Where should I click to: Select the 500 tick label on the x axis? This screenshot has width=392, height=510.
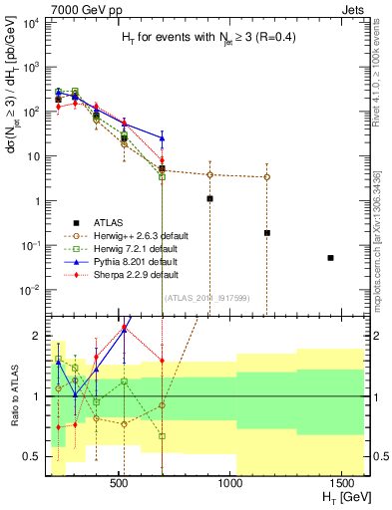click(x=119, y=483)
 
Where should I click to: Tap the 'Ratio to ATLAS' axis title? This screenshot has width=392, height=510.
click(x=13, y=395)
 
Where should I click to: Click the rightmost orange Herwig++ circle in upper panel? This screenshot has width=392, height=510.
click(x=266, y=177)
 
